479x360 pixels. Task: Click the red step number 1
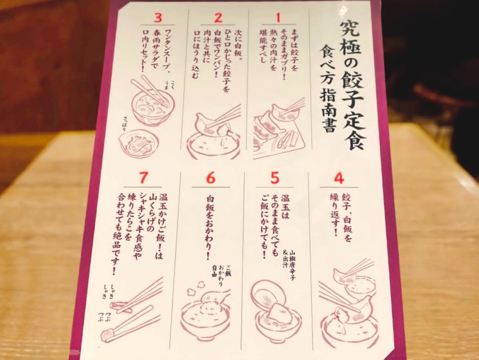[278, 17]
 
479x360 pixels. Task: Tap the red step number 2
[218, 18]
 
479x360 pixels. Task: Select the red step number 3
[158, 18]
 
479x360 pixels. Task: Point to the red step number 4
[339, 178]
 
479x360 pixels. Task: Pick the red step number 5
[274, 178]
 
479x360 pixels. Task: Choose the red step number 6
[210, 178]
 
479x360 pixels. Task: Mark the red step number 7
[144, 177]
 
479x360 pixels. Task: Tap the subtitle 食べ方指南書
[325, 89]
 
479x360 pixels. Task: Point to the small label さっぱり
[124, 124]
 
